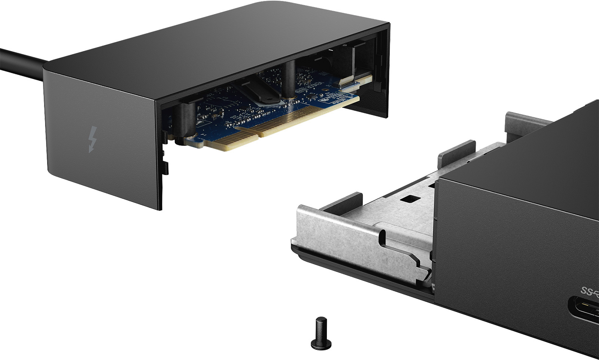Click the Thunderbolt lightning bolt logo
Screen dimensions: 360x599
[x=92, y=139]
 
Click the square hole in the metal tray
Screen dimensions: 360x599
[x=410, y=198]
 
